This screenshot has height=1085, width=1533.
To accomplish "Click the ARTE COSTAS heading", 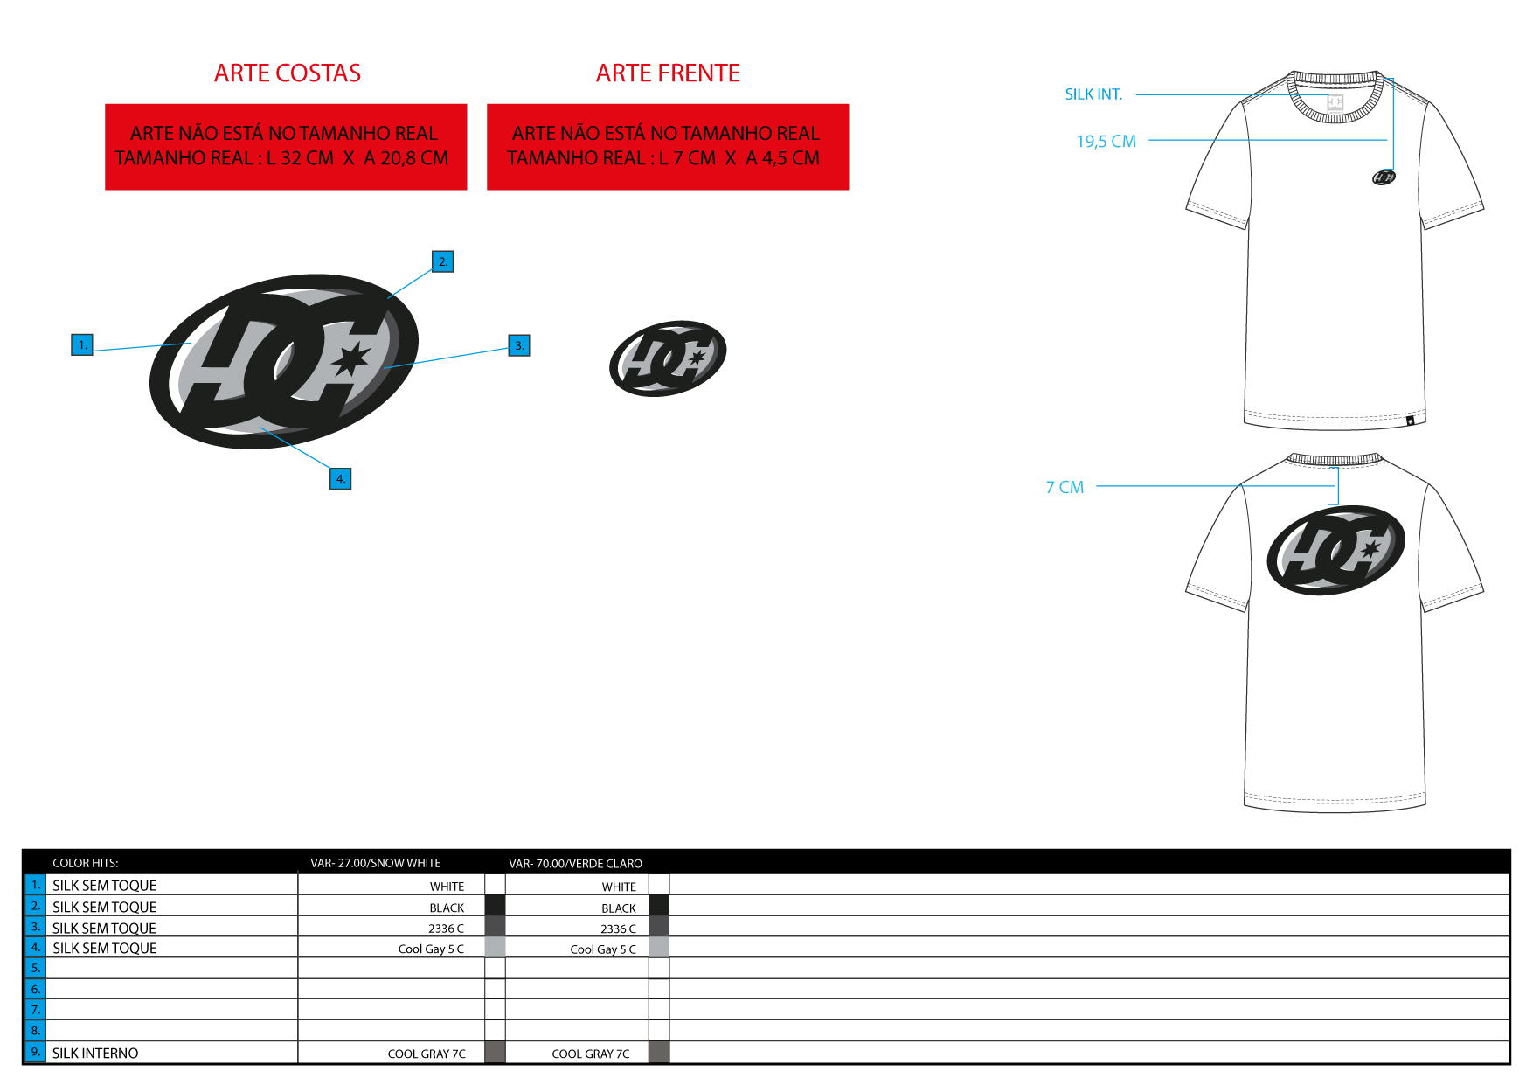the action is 288,73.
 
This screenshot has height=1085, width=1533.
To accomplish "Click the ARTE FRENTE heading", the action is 668,73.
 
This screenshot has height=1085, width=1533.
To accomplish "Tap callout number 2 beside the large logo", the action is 443,261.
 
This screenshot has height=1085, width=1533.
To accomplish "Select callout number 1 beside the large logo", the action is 82,344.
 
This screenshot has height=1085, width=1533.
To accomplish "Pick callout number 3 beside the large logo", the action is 519,345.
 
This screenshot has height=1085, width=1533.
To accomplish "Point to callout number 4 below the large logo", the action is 341,478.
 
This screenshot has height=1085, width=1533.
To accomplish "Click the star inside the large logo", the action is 351,358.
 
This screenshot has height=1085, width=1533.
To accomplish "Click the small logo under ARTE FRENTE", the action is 668,358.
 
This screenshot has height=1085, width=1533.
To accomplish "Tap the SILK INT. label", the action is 1093,94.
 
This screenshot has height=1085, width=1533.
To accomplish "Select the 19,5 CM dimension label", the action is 1106,142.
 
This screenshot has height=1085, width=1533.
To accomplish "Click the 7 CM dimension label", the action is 1065,487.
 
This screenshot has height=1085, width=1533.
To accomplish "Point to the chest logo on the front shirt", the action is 1384,177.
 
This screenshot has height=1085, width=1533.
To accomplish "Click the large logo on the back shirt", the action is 1336,550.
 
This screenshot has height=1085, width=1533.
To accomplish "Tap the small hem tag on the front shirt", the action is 1410,421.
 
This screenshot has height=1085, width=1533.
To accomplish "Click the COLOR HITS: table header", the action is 86,863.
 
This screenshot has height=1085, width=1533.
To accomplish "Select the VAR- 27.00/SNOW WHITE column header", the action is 376,863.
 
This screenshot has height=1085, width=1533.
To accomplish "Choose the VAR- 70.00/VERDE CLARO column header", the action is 576,864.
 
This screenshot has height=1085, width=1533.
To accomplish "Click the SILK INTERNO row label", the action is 95,1054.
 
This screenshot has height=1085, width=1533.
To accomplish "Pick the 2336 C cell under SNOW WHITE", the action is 446,929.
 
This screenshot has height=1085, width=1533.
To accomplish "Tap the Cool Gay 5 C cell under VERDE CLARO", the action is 603,949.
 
